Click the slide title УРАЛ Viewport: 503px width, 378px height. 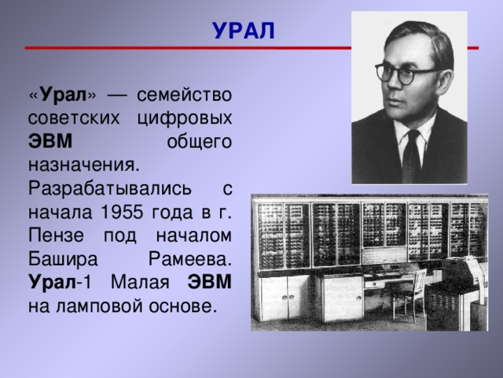244,30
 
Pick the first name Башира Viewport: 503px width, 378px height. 64,259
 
